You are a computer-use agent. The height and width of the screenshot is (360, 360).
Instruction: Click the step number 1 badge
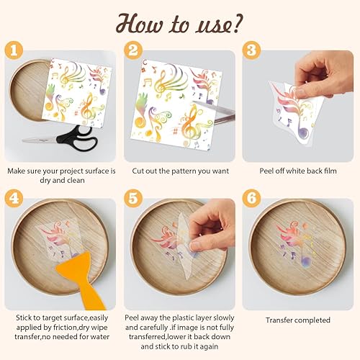[14, 50]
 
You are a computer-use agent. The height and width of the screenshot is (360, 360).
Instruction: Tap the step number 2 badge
[133, 50]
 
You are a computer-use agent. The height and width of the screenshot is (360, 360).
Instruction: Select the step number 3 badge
[251, 50]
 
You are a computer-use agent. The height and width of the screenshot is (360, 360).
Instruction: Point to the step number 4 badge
[14, 198]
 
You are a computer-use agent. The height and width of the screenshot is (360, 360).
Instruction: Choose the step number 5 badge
[133, 198]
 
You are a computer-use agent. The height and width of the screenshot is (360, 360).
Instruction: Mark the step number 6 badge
[251, 198]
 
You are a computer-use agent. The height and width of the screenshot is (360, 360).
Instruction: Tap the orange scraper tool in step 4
[81, 279]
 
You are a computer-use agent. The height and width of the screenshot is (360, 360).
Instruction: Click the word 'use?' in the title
[217, 25]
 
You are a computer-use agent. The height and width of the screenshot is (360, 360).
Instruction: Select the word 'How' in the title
[140, 24]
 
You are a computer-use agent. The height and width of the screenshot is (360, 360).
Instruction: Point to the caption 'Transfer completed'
[298, 320]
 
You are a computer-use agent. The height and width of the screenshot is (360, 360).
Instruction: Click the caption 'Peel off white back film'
[298, 171]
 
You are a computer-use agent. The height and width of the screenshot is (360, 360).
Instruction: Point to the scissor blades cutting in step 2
[214, 112]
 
